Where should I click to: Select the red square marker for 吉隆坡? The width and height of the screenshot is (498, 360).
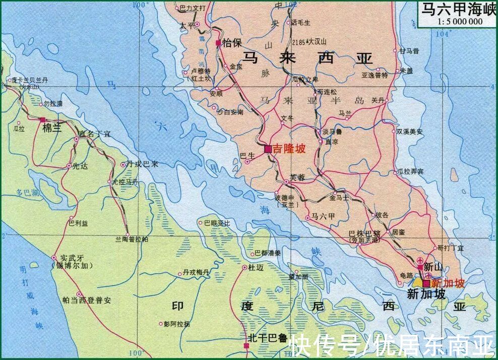point(268,149)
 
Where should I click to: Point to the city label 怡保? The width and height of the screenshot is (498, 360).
point(231,43)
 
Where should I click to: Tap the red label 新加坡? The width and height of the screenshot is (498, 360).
point(445,283)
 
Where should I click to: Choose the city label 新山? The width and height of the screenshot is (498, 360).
point(433,266)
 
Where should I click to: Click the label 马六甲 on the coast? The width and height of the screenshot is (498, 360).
point(323,216)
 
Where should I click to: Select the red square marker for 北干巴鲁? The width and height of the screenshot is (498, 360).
point(246,346)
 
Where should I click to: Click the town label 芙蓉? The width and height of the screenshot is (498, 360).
point(297,177)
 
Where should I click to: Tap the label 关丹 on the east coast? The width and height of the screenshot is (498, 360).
point(378,100)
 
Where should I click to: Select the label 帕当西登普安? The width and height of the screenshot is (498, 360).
point(87,299)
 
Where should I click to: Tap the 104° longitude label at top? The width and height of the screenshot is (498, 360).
point(443,34)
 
